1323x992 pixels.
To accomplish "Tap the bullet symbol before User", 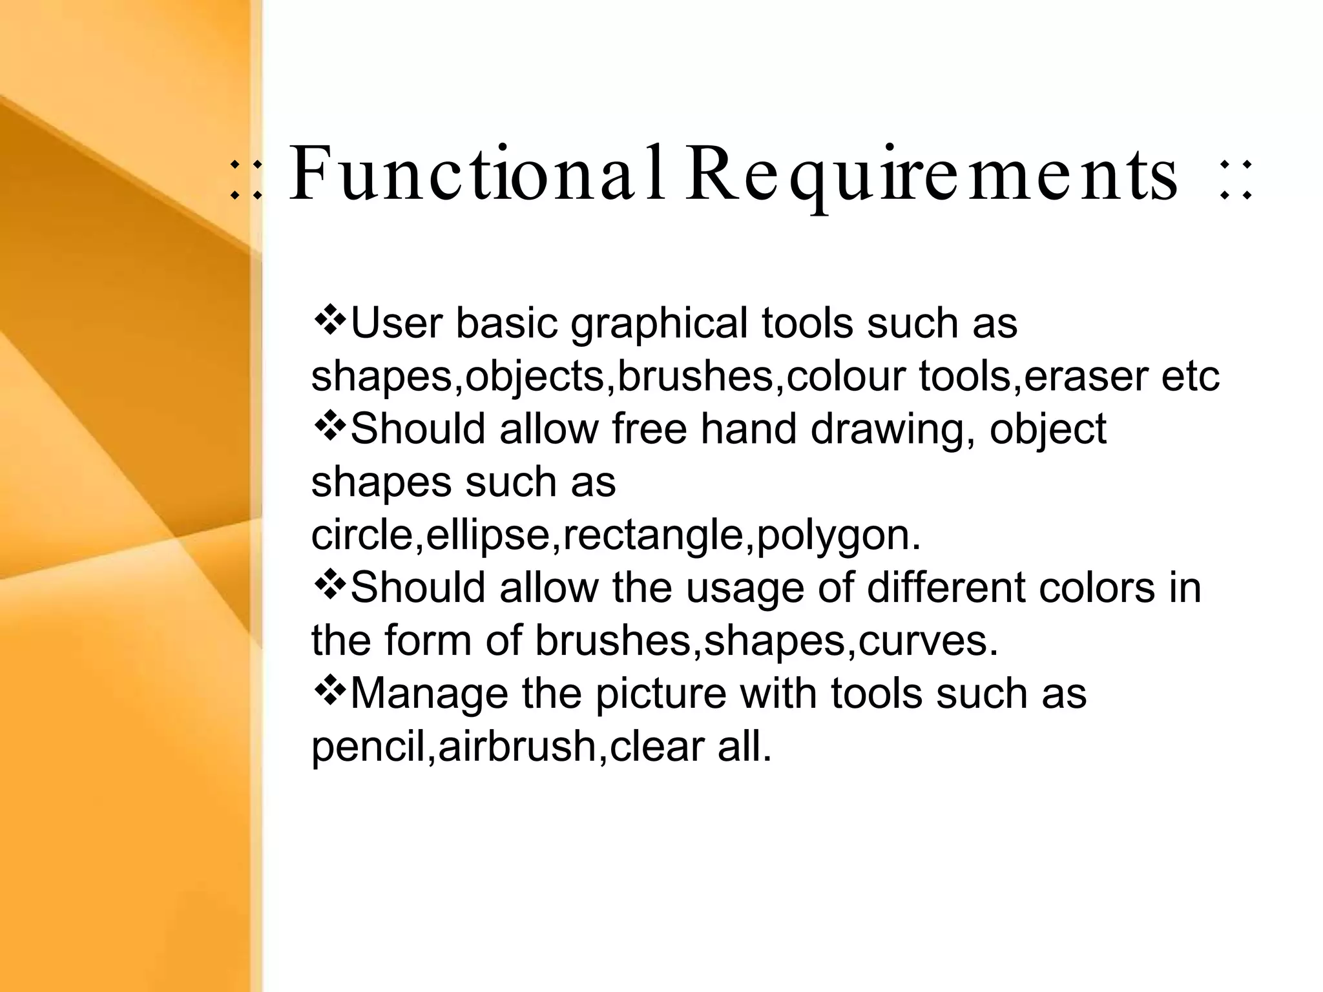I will click(329, 320).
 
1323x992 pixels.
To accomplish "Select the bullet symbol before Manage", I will click(329, 691).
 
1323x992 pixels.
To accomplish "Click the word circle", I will click(362, 535).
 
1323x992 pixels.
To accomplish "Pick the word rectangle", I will click(653, 536).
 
